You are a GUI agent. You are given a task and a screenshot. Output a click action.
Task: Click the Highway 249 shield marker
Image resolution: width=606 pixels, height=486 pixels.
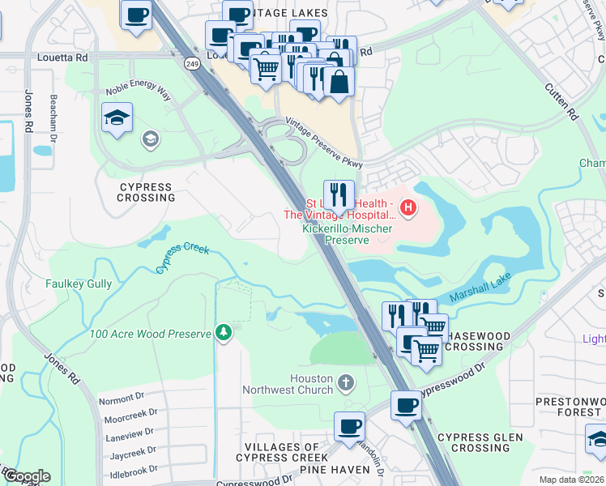(192, 63)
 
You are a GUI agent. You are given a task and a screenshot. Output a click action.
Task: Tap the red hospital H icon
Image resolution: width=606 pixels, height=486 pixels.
(408, 209)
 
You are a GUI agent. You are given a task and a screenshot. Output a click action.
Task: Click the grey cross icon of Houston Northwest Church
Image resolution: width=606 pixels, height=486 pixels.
(346, 382)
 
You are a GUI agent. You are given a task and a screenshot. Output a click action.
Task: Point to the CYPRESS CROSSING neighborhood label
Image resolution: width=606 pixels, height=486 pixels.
(147, 192)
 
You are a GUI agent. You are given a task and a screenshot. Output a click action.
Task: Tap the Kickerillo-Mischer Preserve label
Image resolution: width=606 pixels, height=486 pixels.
(347, 234)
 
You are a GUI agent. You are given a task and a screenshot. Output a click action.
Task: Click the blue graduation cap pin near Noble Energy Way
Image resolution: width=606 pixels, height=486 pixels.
(117, 118)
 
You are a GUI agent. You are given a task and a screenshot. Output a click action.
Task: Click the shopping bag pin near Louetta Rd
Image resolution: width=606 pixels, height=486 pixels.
(339, 82)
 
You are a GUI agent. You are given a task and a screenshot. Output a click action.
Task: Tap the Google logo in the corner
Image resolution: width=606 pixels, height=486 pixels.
(26, 476)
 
